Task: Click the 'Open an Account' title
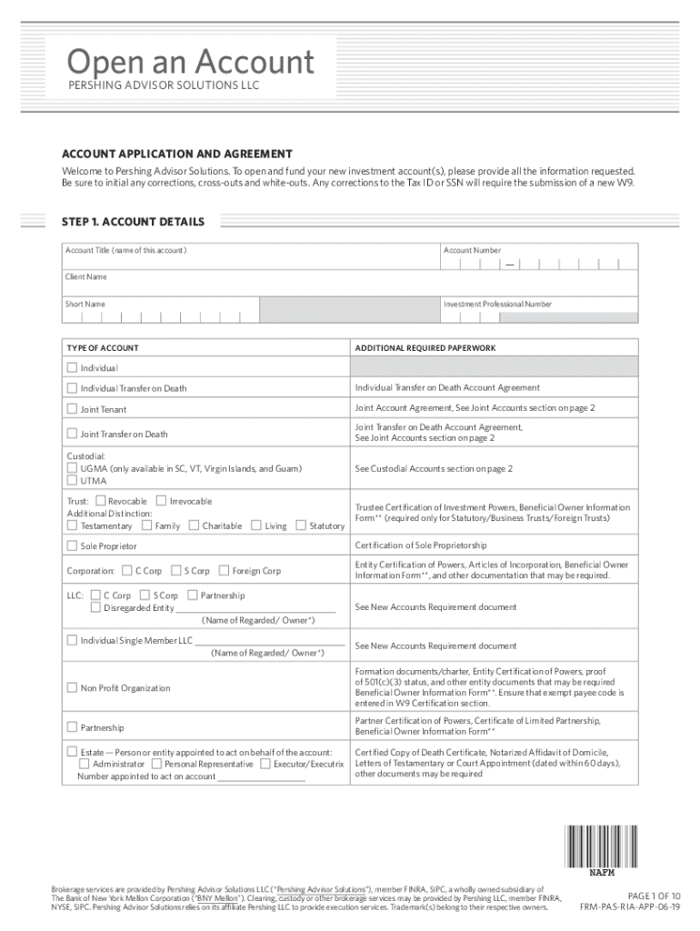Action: click(191, 63)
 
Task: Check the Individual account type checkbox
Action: click(72, 368)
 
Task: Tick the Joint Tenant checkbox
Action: click(72, 409)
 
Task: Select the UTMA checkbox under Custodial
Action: click(72, 481)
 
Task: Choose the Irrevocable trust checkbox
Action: click(161, 501)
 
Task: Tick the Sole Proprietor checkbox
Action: click(72, 546)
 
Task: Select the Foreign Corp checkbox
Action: click(224, 571)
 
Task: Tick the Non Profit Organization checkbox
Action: click(72, 688)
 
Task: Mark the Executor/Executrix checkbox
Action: click(265, 765)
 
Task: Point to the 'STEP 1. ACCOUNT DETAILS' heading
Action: click(133, 222)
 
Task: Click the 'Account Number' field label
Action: click(472, 250)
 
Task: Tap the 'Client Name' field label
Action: click(85, 276)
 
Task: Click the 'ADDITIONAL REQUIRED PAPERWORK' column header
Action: click(425, 348)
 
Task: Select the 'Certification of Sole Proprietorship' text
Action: click(420, 546)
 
